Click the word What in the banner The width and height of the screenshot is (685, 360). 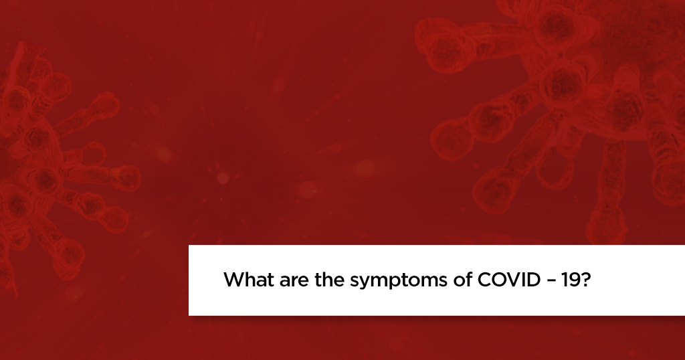coord(247,280)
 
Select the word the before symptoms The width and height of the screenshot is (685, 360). coord(330,280)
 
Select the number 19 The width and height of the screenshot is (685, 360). coord(569,280)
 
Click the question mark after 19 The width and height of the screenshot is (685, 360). coord(585,280)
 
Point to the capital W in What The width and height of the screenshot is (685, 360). coord(233,280)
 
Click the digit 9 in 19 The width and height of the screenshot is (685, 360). coord(573,280)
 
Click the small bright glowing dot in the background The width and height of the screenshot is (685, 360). coord(223,177)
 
